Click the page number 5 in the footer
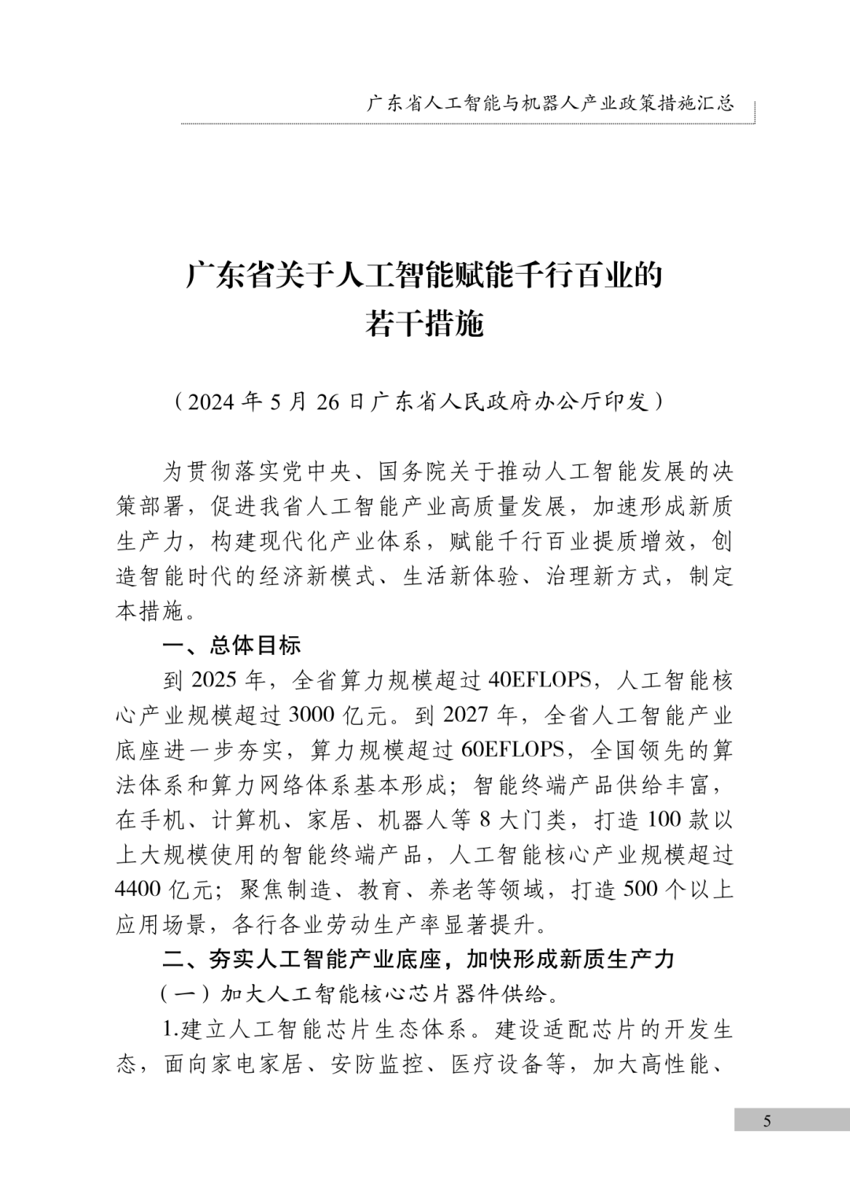[767, 1121]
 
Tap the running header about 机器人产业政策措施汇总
[550, 103]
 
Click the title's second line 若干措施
[424, 323]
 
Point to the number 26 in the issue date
[328, 401]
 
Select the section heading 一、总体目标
[231, 646]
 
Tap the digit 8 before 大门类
[485, 819]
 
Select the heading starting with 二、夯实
[418, 959]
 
